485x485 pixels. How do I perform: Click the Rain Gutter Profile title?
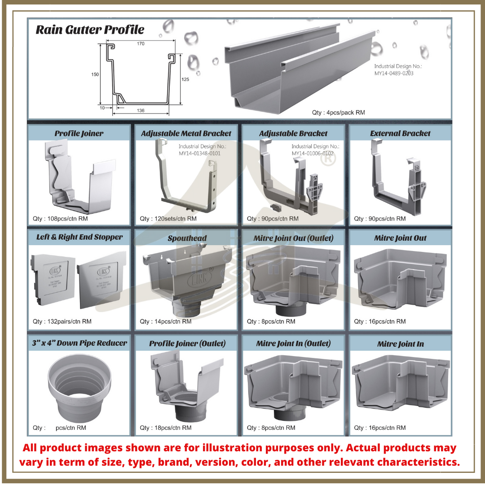90,30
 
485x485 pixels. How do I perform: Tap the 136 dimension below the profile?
141,110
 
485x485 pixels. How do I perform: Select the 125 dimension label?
185,79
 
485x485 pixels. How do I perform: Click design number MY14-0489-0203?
394,73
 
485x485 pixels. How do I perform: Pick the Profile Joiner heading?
79,133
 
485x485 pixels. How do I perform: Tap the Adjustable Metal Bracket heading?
186,133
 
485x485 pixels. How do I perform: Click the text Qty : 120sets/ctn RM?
168,219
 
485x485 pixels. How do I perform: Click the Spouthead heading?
187,238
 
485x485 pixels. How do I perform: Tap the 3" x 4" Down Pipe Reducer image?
79,387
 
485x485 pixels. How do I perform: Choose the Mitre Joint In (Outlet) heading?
293,344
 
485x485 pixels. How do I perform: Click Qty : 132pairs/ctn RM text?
62,322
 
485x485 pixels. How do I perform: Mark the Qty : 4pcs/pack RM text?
338,112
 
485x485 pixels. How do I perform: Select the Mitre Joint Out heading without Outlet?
400,238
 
